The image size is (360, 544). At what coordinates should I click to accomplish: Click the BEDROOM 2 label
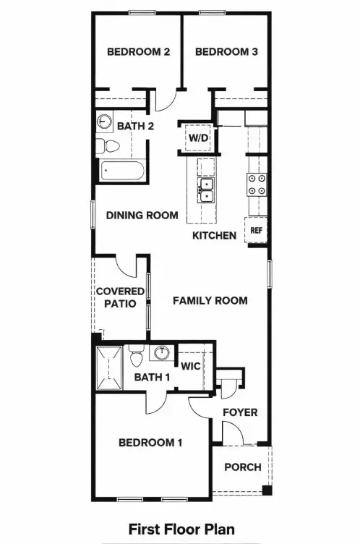pyautogui.click(x=138, y=52)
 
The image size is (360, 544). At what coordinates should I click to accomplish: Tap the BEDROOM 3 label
pyautogui.click(x=226, y=52)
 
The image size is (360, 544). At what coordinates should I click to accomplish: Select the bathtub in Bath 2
pyautogui.click(x=121, y=172)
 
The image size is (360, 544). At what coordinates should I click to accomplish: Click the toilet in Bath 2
pyautogui.click(x=110, y=145)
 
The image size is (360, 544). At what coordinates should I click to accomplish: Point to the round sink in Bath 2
pyautogui.click(x=105, y=122)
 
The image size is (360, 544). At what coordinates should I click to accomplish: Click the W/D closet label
pyautogui.click(x=197, y=137)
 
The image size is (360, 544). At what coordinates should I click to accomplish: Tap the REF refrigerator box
pyautogui.click(x=256, y=231)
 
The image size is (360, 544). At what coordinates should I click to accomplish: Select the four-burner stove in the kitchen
pyautogui.click(x=257, y=185)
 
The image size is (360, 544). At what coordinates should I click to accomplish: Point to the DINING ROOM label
pyautogui.click(x=142, y=215)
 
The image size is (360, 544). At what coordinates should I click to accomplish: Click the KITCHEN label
pyautogui.click(x=214, y=236)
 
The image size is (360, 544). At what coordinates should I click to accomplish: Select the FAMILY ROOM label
pyautogui.click(x=210, y=300)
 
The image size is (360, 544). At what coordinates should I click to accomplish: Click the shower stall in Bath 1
pyautogui.click(x=111, y=369)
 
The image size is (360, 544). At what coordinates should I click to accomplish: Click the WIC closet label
pyautogui.click(x=190, y=366)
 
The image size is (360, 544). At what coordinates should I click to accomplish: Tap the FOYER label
pyautogui.click(x=239, y=412)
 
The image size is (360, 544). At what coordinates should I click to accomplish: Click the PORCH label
pyautogui.click(x=242, y=467)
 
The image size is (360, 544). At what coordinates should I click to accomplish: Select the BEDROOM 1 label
pyautogui.click(x=151, y=443)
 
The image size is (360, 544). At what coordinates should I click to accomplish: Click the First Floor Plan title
pyautogui.click(x=181, y=530)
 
